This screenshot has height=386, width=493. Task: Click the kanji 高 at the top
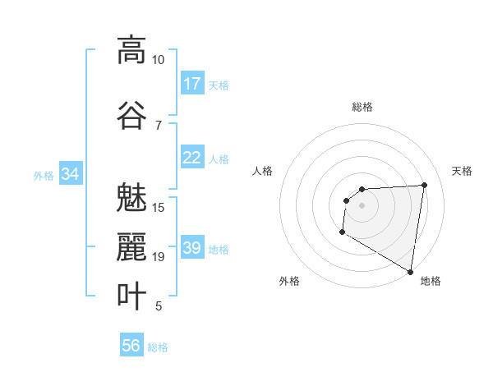131,50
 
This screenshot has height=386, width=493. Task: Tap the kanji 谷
131,115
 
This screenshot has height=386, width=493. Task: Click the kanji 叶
131,296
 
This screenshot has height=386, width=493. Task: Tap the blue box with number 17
192,84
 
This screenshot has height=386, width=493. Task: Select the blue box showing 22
192,158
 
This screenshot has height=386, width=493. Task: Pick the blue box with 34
70,174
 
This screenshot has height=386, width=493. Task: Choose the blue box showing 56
131,346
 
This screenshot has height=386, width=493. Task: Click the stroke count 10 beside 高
158,60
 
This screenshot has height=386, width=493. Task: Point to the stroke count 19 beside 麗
158,257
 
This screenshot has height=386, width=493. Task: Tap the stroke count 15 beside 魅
158,207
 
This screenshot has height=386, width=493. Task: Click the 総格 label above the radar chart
362,107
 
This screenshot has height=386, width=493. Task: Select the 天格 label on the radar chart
463,171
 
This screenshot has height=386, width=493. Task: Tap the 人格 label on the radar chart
262,171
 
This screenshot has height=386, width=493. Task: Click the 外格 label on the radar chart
288,281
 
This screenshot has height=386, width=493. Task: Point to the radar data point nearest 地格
410,271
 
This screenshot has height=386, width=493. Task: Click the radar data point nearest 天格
424,185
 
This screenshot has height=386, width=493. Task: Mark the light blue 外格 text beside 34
44,175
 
